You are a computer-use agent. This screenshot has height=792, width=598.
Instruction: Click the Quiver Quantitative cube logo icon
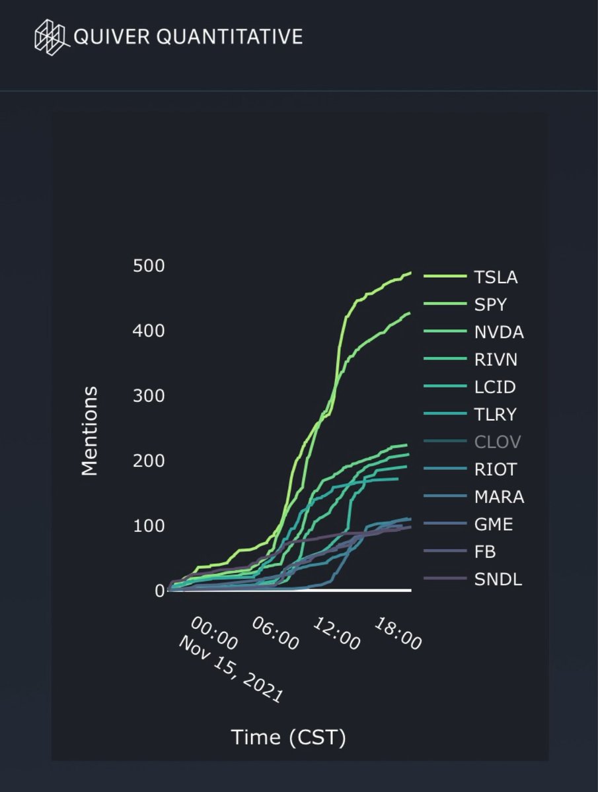point(52,36)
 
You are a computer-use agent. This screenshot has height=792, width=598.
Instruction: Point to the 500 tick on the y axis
point(149,265)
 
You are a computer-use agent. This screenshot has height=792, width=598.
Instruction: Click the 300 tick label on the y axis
point(149,395)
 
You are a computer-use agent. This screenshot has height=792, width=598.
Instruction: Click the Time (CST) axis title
point(289,738)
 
